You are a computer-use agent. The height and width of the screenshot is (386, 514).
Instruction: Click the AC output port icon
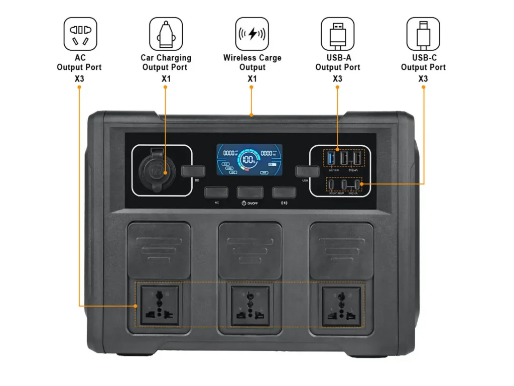pos(80,34)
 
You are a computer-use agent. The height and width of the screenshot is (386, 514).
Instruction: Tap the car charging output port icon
pos(166,34)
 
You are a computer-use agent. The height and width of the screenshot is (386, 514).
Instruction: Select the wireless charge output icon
pos(252,34)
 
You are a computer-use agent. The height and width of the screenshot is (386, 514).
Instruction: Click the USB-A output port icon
pos(337,34)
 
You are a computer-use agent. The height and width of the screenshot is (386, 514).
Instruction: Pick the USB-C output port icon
pos(423,34)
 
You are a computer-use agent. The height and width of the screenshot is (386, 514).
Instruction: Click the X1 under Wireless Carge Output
pos(252,79)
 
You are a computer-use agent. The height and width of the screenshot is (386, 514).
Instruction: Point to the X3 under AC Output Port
pos(79,79)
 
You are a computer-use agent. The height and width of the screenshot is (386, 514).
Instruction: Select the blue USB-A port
pos(331,158)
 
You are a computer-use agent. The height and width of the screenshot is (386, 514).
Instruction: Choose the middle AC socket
pos(249,305)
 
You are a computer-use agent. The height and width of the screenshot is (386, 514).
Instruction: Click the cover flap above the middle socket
pos(249,249)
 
